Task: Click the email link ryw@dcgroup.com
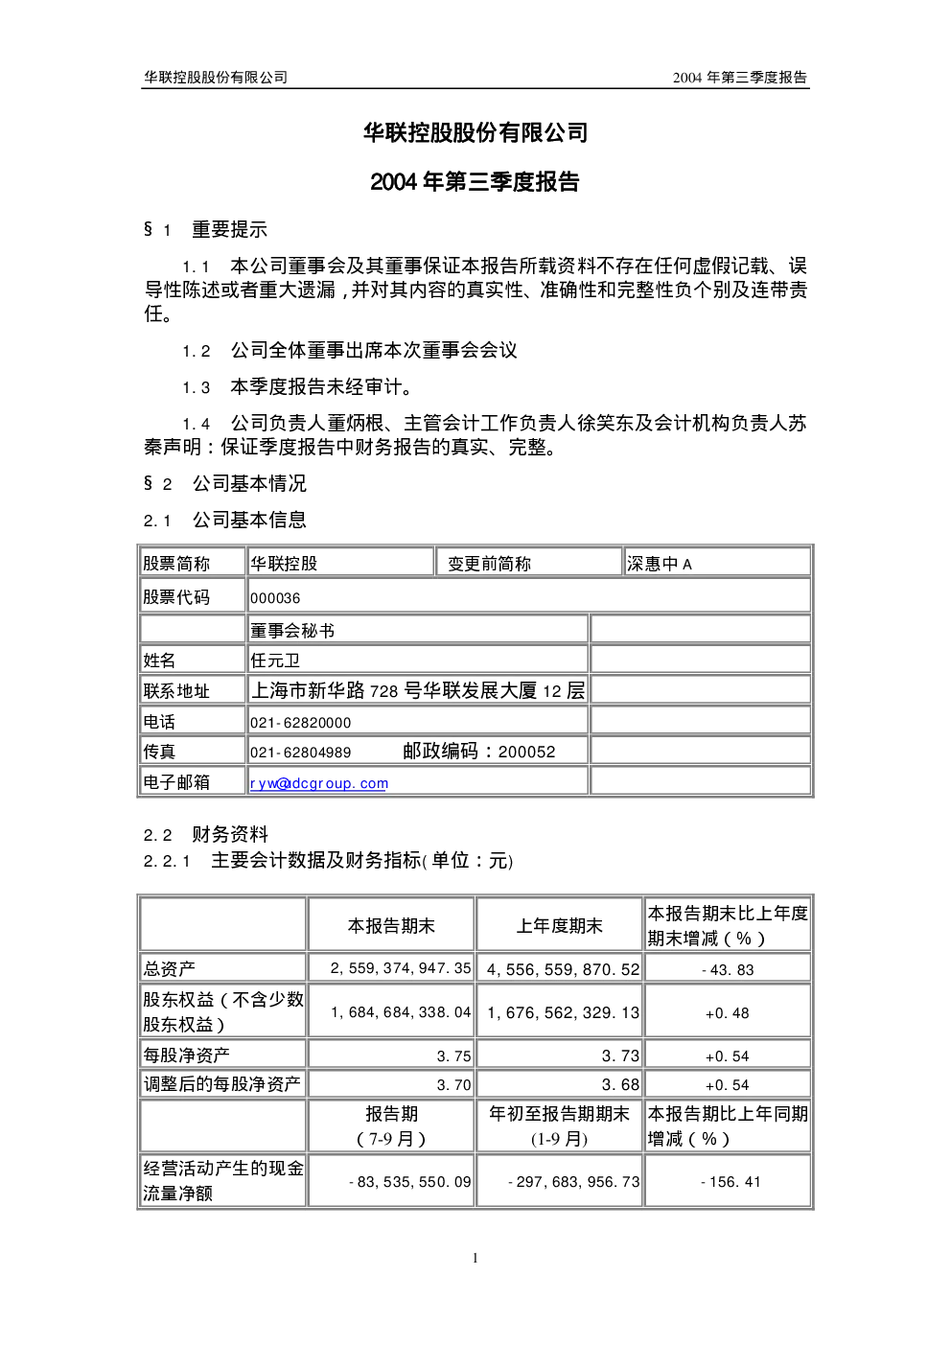(x=319, y=783)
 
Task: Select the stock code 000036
(x=275, y=598)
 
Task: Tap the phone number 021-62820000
(x=300, y=722)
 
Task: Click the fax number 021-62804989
(x=300, y=753)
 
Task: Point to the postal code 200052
(x=526, y=752)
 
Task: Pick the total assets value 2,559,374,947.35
(x=401, y=968)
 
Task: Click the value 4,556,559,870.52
(x=563, y=970)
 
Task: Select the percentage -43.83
(x=728, y=970)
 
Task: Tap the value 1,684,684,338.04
(x=401, y=1012)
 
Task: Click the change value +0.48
(x=727, y=1013)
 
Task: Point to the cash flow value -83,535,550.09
(x=410, y=1182)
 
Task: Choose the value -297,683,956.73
(x=574, y=1182)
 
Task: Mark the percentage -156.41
(x=731, y=1182)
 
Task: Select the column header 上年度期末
(x=560, y=925)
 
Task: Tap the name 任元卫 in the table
(x=275, y=661)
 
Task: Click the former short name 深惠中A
(x=660, y=564)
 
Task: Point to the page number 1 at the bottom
(x=475, y=1258)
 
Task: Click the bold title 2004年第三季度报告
(x=475, y=181)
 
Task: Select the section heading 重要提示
(x=229, y=229)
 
